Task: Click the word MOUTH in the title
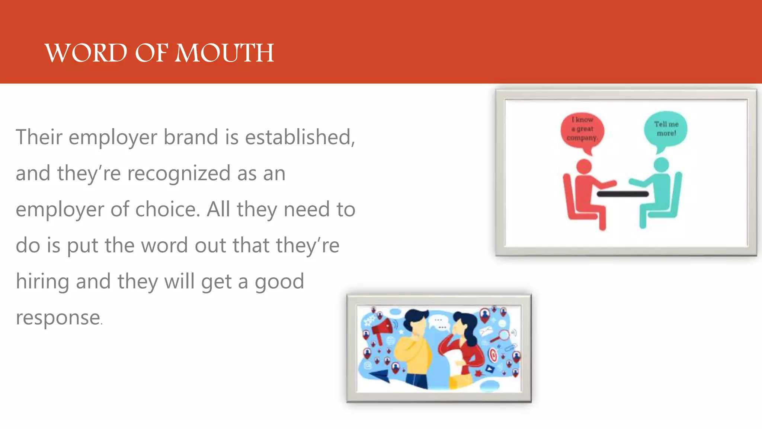click(x=224, y=53)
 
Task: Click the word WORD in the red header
click(x=86, y=53)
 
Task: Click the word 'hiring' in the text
click(x=42, y=282)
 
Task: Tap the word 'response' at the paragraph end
click(x=58, y=318)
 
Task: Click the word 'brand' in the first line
click(x=190, y=137)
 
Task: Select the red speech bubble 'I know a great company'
click(x=582, y=130)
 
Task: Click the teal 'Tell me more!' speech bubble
click(x=666, y=129)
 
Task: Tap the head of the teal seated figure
click(x=661, y=165)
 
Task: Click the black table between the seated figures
click(x=622, y=194)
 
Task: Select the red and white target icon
click(x=493, y=354)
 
